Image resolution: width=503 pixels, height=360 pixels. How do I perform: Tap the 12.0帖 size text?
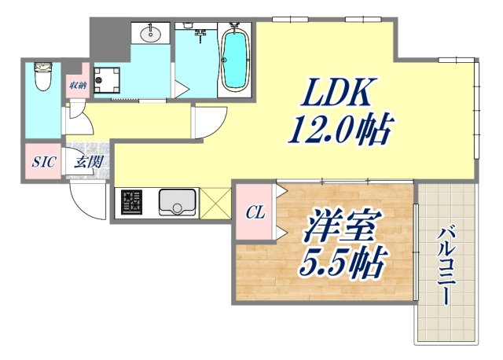(340, 130)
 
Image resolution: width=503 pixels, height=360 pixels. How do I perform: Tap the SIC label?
(42, 163)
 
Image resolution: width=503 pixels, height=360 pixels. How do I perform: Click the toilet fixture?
(42, 78)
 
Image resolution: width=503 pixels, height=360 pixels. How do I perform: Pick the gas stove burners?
(130, 203)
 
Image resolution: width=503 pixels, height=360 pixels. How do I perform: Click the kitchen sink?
(178, 203)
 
